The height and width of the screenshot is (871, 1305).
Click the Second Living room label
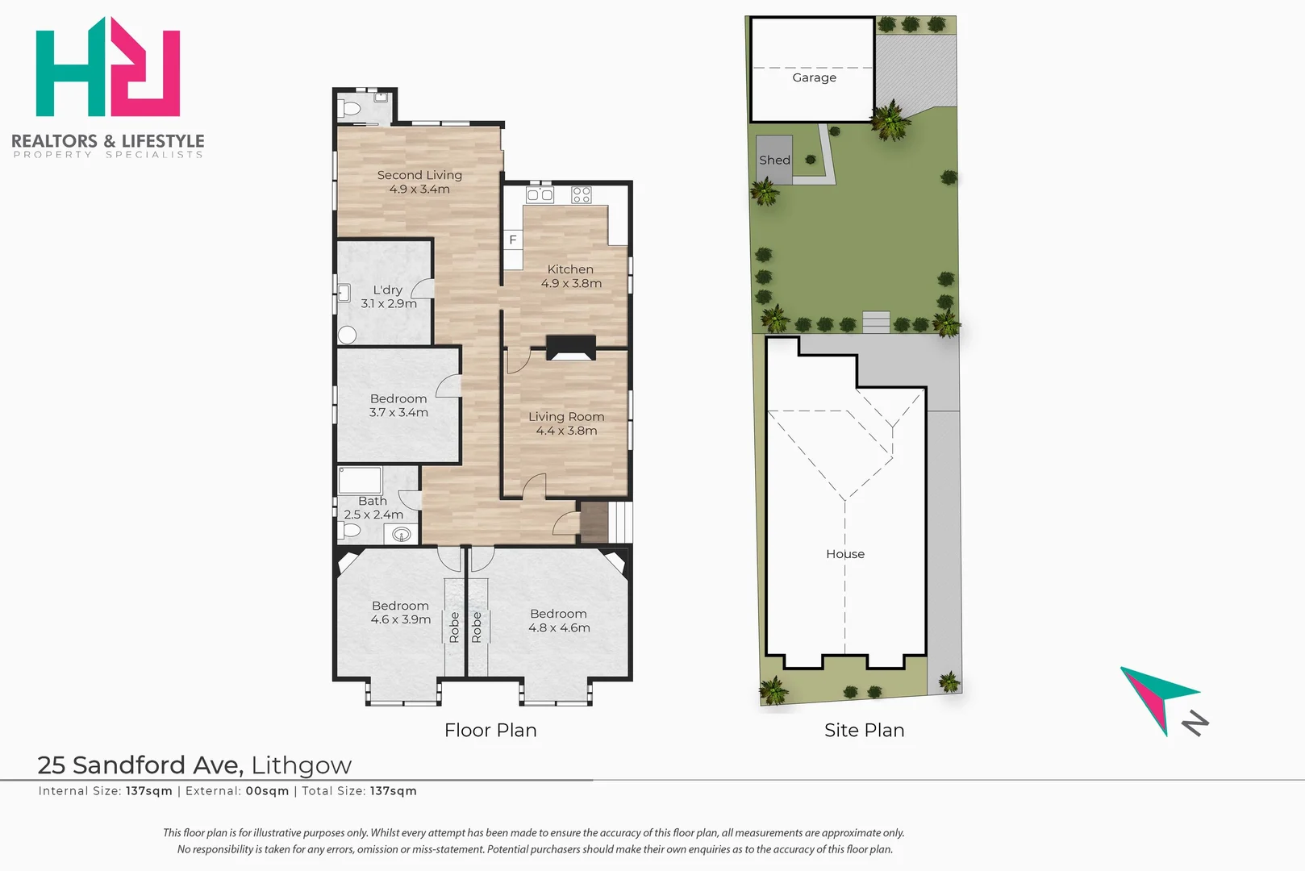(419, 181)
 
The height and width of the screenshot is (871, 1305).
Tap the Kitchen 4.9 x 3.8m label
(570, 276)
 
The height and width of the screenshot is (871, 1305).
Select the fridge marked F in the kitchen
(513, 240)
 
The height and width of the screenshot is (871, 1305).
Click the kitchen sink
(540, 194)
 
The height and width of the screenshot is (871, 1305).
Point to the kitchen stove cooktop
(582, 194)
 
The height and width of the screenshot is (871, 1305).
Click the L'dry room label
(388, 297)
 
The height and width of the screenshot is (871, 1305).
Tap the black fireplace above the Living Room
(571, 348)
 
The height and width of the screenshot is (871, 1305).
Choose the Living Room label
(566, 423)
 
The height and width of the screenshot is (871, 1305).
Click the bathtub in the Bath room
(360, 481)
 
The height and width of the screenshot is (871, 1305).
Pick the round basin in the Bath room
(402, 533)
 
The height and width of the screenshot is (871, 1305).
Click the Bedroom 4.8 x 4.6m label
(559, 620)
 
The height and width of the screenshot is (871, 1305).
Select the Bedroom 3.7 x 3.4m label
(398, 406)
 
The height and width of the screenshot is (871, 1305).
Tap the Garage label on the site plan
(815, 77)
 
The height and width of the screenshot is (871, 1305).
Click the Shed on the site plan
(774, 160)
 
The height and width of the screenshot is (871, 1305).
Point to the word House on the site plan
(845, 553)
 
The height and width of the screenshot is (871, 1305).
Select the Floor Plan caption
(490, 730)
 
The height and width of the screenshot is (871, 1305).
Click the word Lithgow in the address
(301, 765)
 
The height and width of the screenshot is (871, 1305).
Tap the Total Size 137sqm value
(394, 791)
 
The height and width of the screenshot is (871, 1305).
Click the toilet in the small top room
(350, 108)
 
